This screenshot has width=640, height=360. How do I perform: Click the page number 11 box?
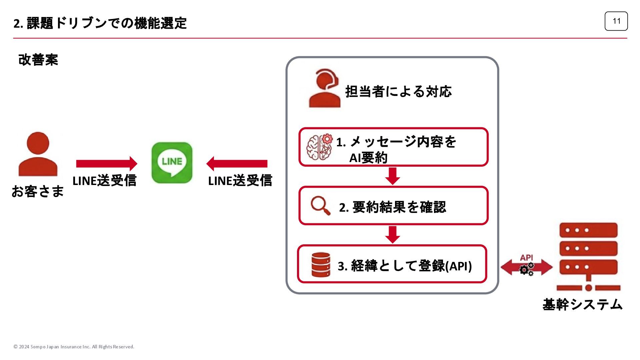tap(616, 21)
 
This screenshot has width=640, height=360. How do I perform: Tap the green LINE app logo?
tap(172, 163)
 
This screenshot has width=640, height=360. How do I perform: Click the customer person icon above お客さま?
tap(38, 154)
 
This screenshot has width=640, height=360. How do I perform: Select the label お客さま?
tap(38, 191)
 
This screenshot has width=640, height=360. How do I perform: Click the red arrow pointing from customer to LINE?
tap(107, 164)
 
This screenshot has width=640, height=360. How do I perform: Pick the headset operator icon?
tap(325, 88)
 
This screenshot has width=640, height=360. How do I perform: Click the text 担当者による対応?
tap(398, 92)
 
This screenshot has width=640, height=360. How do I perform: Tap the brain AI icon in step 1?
tap(319, 147)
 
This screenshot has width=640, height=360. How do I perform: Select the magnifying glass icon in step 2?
tap(320, 205)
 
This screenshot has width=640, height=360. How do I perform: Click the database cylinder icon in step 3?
tap(321, 265)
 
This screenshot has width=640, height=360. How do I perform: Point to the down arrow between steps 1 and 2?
tap(393, 176)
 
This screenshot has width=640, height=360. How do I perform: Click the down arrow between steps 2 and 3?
tap(393, 235)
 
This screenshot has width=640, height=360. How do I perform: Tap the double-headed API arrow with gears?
tap(527, 267)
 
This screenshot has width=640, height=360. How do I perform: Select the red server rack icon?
tap(588, 257)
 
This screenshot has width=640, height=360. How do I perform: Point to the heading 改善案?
tap(38, 60)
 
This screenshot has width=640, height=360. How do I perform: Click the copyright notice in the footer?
tap(74, 347)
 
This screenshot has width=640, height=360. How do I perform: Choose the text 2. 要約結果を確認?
tap(392, 207)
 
